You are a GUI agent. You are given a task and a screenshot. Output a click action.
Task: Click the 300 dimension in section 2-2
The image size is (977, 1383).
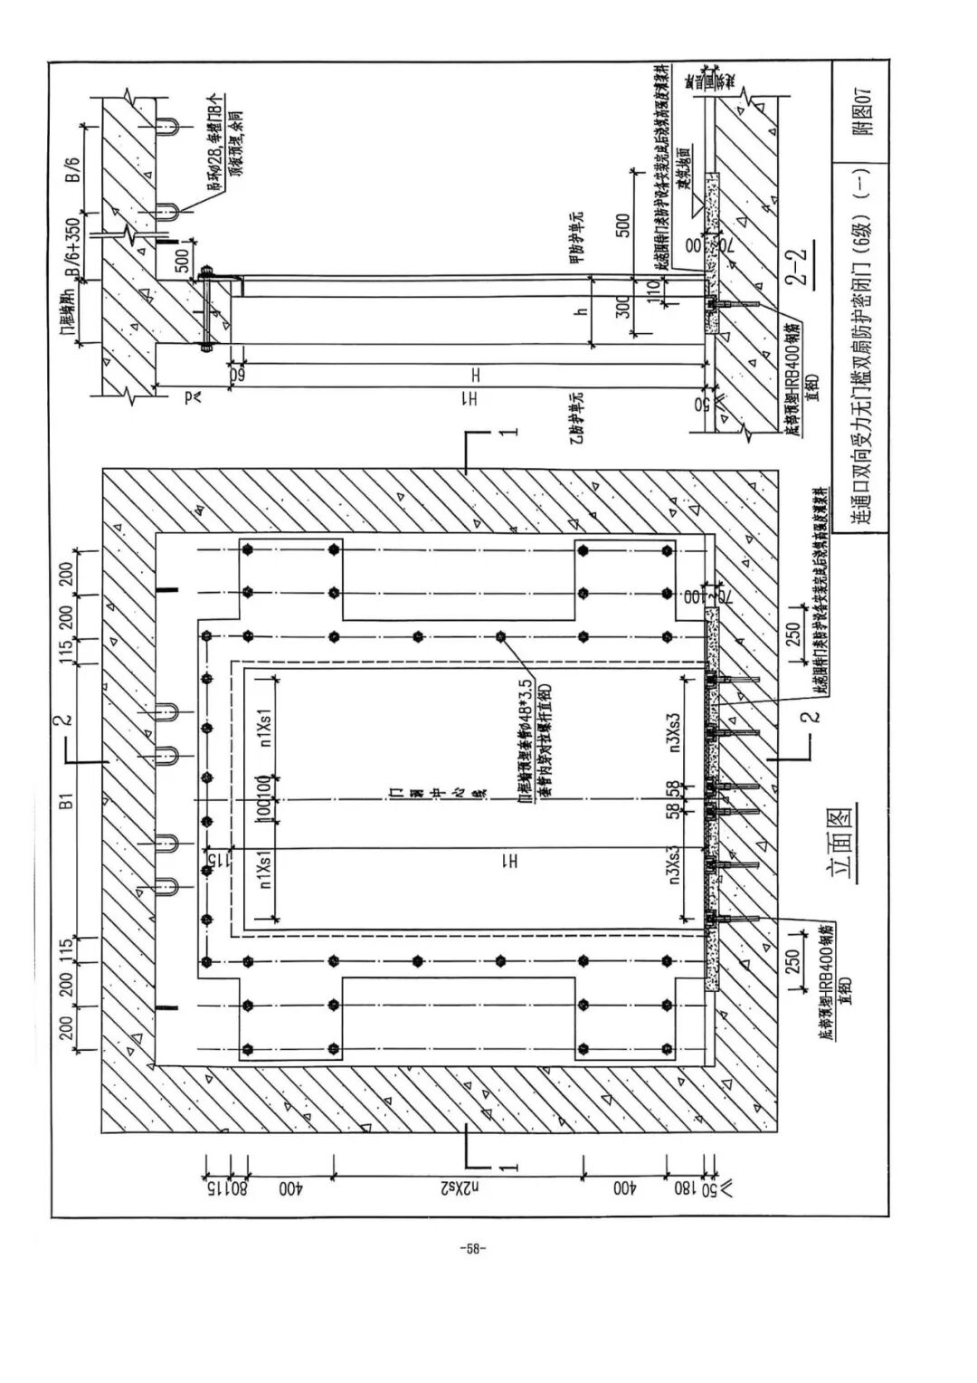pyautogui.click(x=621, y=308)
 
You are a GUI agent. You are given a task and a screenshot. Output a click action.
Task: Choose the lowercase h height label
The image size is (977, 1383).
pyautogui.click(x=583, y=310)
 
